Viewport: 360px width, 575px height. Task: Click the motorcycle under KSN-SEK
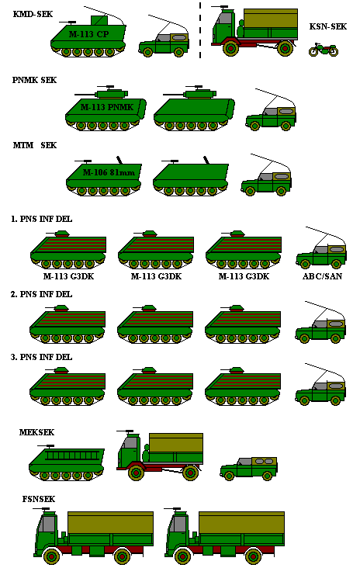[324, 50]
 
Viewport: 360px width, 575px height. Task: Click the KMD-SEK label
[33, 14]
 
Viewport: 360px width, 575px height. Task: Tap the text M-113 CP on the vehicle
[88, 34]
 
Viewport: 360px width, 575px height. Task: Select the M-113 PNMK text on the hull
[107, 107]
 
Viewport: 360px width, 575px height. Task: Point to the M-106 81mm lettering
[109, 172]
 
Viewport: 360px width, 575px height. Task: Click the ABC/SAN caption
[322, 276]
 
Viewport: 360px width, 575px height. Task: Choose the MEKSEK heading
[36, 432]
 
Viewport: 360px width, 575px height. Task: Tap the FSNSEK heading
[39, 499]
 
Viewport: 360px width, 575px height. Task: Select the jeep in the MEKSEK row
[248, 468]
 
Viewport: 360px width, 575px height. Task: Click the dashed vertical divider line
[200, 30]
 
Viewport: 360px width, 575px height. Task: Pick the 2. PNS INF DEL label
[41, 294]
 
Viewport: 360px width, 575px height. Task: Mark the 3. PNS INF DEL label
[41, 357]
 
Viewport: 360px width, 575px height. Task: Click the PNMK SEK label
[34, 80]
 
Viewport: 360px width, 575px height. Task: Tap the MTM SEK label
[35, 145]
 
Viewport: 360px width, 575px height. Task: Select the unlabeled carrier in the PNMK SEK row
[194, 108]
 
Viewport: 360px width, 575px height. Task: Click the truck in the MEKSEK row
[160, 455]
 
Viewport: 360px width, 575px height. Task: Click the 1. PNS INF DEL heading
[41, 220]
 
